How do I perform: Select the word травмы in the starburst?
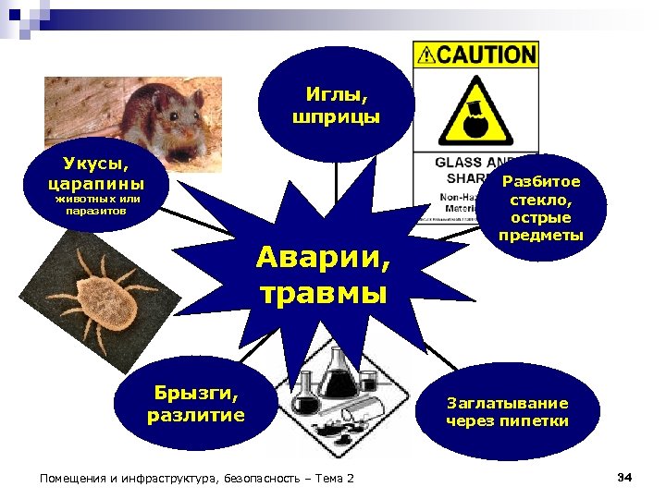(x=323, y=294)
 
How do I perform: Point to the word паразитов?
(x=97, y=211)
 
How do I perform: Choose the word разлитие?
(x=195, y=415)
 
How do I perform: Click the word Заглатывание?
(x=507, y=403)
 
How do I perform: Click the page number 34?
(x=623, y=477)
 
